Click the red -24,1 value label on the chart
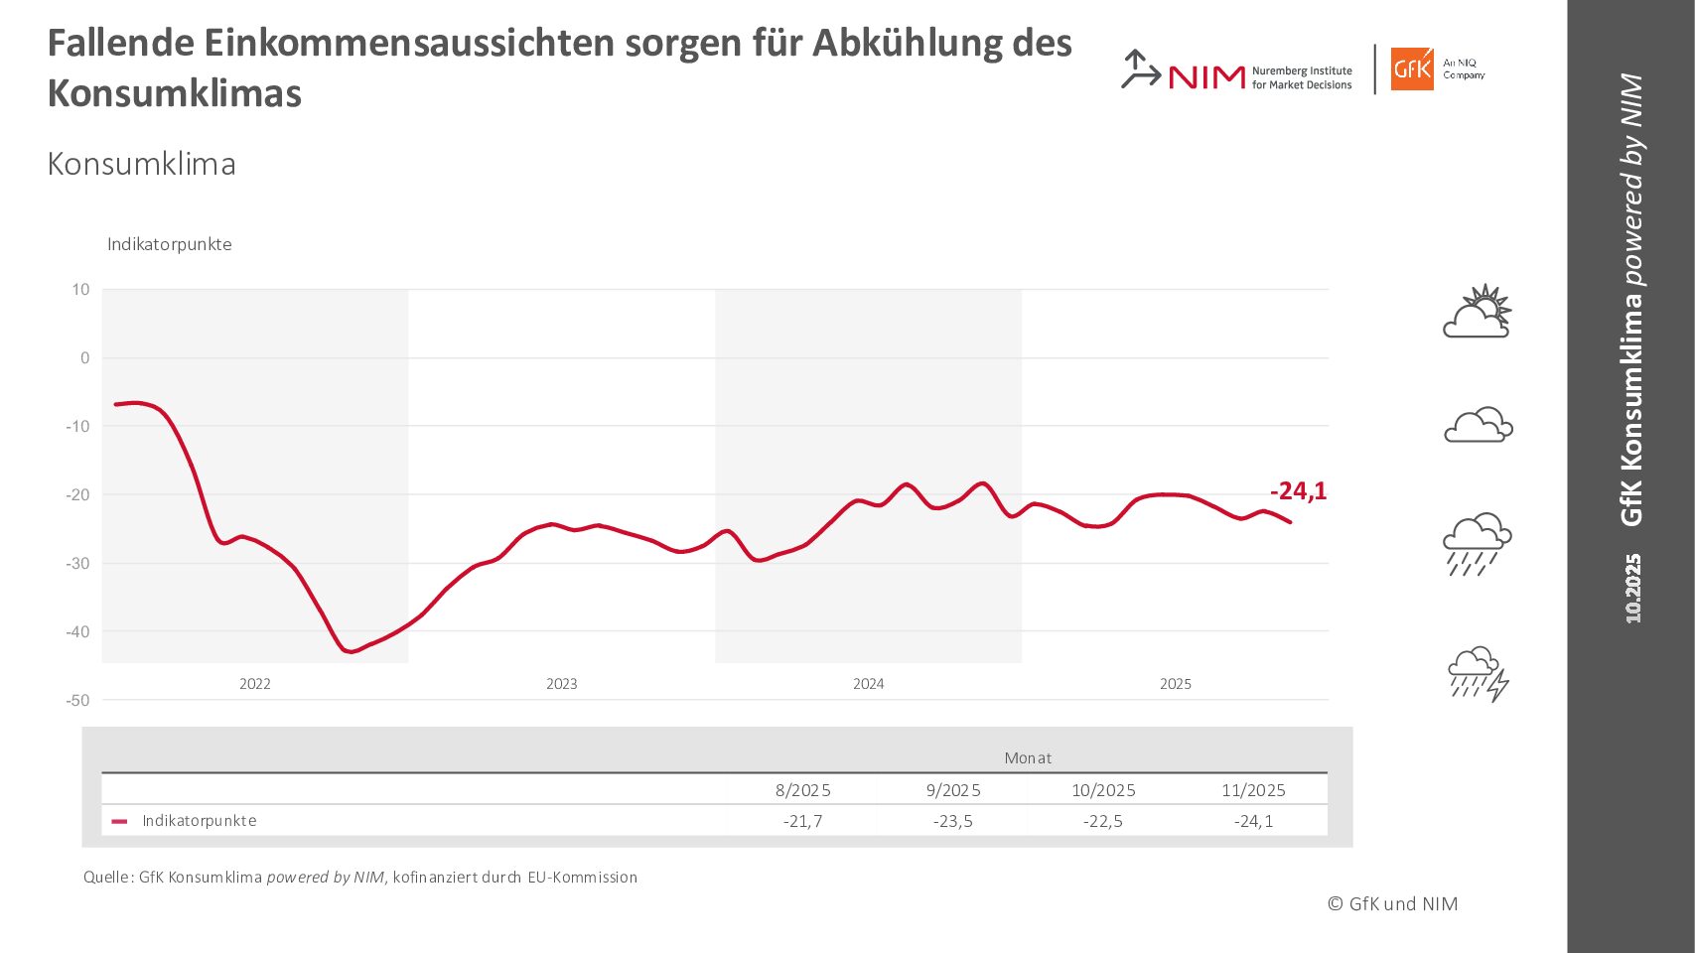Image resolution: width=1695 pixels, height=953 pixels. click(1298, 491)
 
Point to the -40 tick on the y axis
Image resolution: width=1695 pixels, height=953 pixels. click(77, 631)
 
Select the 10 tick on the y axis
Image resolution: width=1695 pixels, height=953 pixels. click(80, 290)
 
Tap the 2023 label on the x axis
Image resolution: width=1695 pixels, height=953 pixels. click(561, 684)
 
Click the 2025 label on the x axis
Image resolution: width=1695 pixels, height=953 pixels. click(1175, 684)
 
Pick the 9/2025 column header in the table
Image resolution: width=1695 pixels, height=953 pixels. click(953, 790)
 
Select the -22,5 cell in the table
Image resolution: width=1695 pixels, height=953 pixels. click(1103, 821)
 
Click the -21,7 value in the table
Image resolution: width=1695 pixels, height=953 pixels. click(802, 821)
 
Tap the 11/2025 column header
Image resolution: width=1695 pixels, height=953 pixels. click(1253, 790)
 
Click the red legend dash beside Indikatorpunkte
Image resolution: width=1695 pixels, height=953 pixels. click(120, 822)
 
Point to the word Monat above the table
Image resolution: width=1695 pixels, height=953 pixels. click(1028, 758)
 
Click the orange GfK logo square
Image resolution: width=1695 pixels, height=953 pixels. click(1411, 69)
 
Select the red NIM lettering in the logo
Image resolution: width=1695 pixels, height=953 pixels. click(1206, 77)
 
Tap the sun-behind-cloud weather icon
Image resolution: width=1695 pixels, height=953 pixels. click(1478, 312)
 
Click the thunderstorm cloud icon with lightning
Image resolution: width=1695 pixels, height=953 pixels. click(1479, 674)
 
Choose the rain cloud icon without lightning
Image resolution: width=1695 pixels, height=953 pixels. click(1478, 544)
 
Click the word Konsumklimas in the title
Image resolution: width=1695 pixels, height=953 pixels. click(175, 94)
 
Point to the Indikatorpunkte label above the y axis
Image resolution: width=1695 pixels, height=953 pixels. click(170, 244)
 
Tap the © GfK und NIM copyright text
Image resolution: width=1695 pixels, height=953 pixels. click(1393, 903)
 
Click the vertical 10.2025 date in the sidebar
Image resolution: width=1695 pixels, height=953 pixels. click(1632, 589)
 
